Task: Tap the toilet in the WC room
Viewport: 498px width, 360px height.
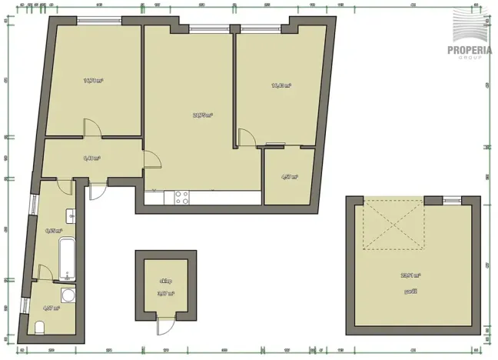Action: [39, 328]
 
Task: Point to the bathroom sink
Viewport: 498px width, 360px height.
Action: [69, 216]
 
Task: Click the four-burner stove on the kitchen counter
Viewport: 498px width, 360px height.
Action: [181, 198]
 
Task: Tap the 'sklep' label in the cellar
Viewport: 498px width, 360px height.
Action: [166, 282]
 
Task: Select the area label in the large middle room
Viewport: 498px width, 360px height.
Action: [202, 115]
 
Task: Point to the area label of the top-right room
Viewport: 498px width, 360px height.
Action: [281, 85]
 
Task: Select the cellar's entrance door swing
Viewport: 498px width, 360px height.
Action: [164, 325]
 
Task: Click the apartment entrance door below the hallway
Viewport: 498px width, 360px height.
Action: [96, 190]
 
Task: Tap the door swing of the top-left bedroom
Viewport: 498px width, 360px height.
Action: [92, 127]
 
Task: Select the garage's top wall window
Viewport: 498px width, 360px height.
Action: [452, 201]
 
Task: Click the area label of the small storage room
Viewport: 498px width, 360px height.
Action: [289, 177]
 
